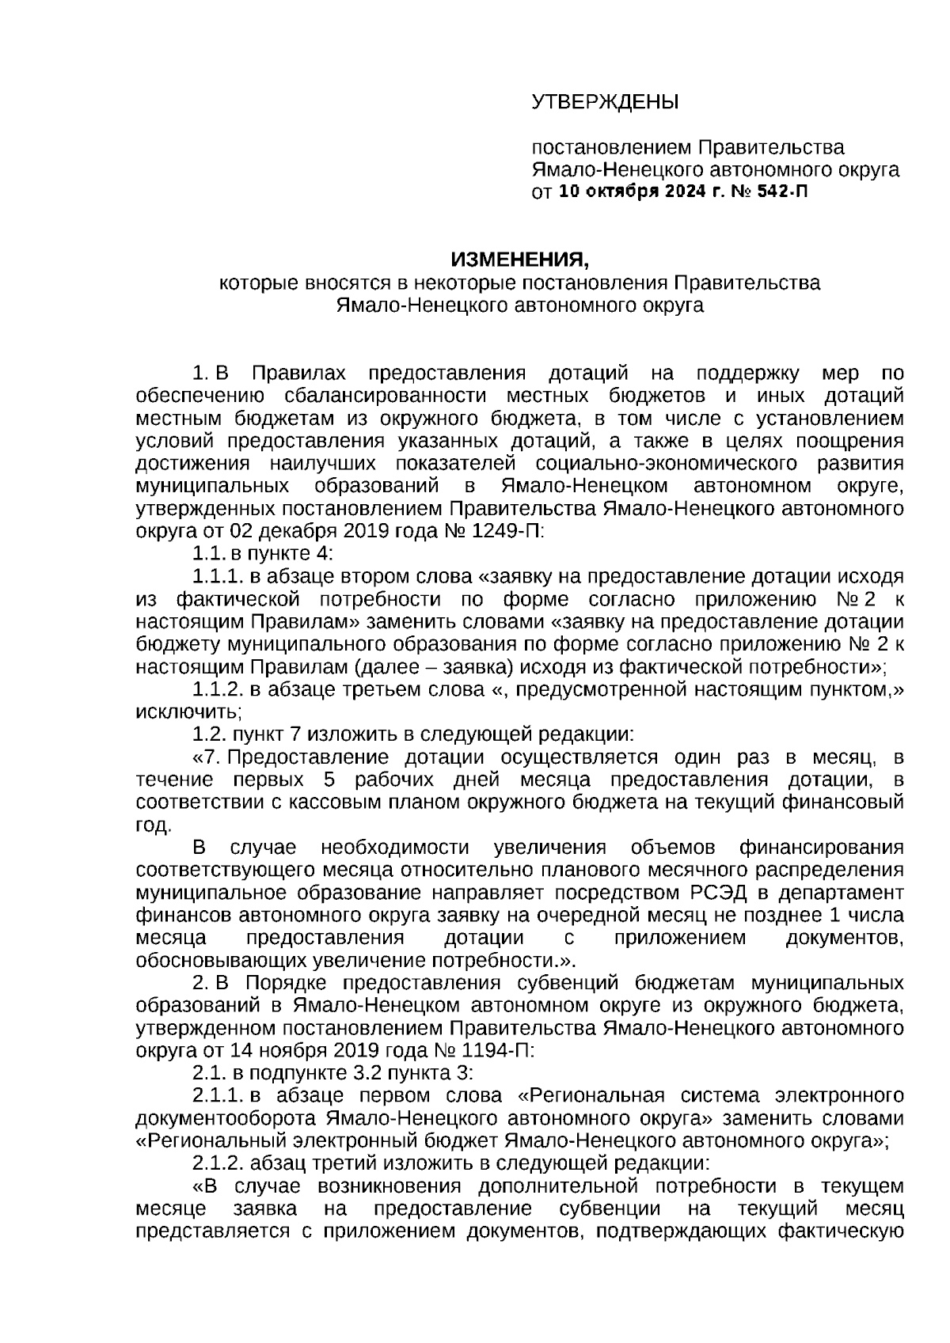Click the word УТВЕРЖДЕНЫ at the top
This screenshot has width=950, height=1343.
point(605,102)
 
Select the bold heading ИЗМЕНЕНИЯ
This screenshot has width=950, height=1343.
point(520,260)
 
